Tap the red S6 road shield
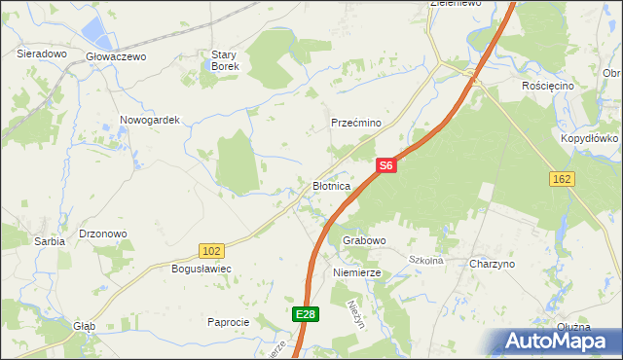tap(386, 166)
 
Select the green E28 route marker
tap(306, 314)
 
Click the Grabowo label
tap(364, 239)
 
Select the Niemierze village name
tap(357, 273)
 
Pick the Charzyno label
tap(492, 265)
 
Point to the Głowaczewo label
tap(116, 56)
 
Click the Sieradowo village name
tap(41, 54)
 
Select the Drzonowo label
tap(103, 234)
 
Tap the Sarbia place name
tap(49, 240)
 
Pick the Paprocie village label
tap(230, 321)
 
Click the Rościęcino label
tap(547, 86)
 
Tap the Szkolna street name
tap(425, 260)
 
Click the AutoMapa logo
tap(555, 341)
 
